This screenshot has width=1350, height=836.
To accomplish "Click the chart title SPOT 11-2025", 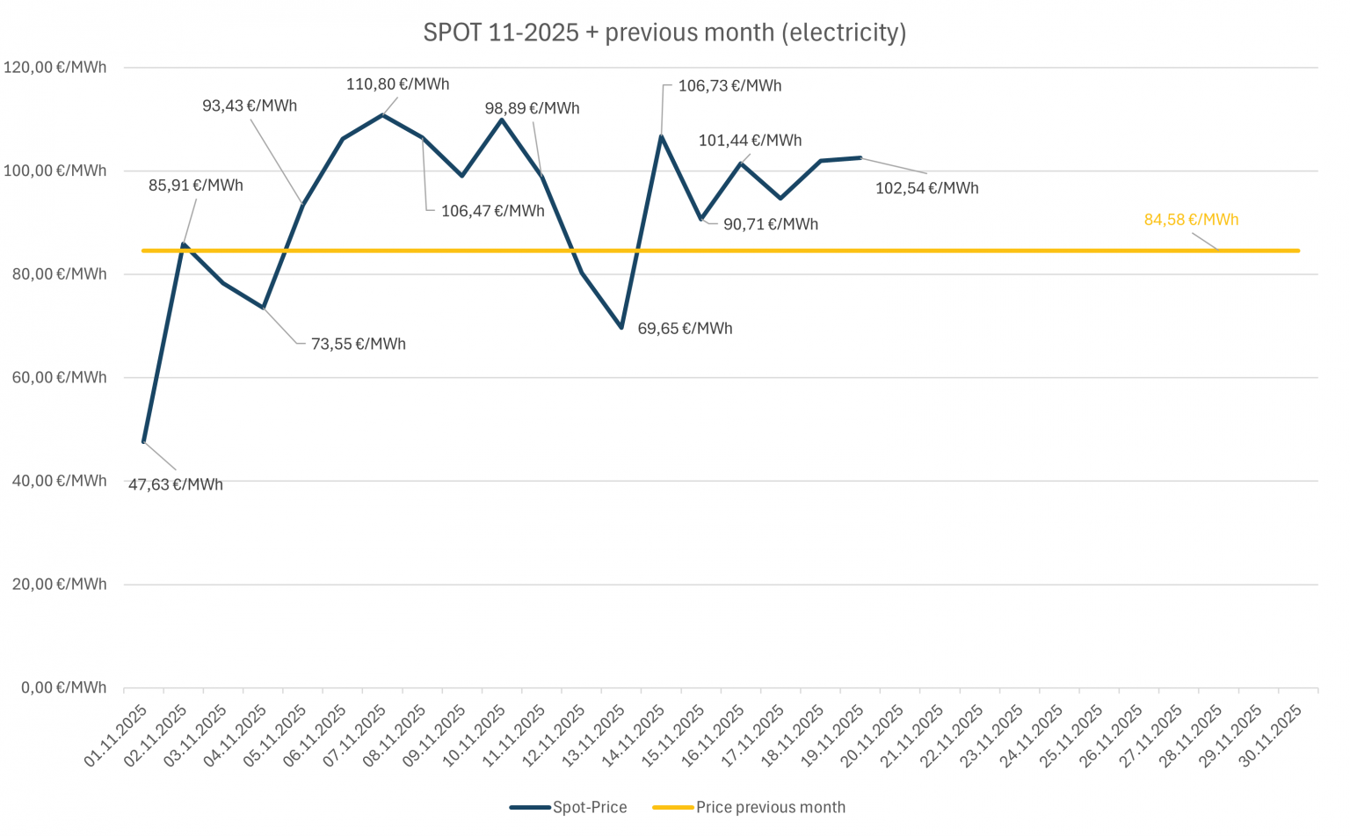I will [x=664, y=33].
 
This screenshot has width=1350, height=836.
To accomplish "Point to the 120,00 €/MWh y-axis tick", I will [x=55, y=68].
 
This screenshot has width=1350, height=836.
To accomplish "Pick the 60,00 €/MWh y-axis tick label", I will [x=59, y=378].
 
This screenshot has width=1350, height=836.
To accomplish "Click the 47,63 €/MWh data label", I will [x=175, y=484].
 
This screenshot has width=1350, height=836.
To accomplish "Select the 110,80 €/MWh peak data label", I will [x=397, y=84].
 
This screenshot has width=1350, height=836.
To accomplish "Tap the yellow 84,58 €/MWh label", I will [x=1191, y=220].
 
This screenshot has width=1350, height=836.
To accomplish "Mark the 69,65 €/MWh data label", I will [x=685, y=329].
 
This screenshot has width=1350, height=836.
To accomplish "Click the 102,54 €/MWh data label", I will [x=926, y=188].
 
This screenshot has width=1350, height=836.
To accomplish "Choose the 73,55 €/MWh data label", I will [x=358, y=345].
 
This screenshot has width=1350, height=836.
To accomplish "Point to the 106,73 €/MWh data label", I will [x=729, y=86].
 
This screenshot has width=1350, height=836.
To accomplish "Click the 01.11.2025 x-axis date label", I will [x=117, y=736].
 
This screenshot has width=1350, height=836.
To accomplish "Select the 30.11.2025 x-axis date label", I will [x=1271, y=736].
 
